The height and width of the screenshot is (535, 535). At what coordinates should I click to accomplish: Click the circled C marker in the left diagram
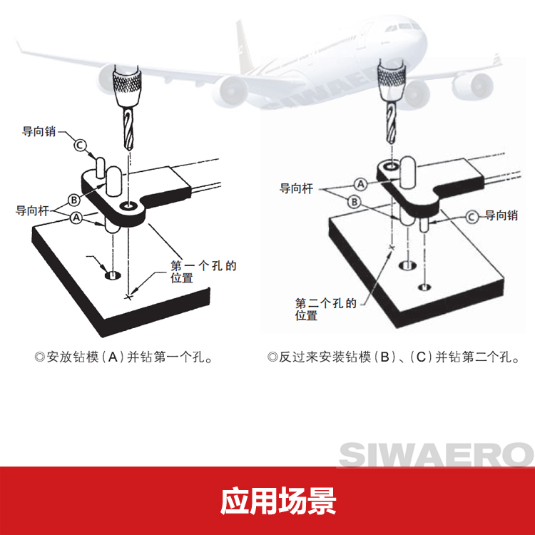point(81,146)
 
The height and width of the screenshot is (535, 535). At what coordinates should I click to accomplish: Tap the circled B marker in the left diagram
point(73,199)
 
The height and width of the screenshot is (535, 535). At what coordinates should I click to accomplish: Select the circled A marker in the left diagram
point(76,218)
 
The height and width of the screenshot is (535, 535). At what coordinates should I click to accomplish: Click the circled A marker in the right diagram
point(361,184)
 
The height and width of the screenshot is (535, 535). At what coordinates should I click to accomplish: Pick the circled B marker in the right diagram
point(352,202)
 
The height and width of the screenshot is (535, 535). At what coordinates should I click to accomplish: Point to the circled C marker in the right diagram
point(472,215)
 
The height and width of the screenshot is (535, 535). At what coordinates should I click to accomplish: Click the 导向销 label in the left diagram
point(38,132)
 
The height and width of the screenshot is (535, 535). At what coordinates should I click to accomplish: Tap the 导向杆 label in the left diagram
point(32,210)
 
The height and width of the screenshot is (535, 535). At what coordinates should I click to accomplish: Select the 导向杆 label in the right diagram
point(296,189)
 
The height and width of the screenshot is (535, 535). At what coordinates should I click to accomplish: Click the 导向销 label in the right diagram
point(501,215)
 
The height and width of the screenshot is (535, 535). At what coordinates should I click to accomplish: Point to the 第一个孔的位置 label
point(202,272)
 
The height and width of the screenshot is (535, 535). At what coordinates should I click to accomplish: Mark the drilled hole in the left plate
point(113,274)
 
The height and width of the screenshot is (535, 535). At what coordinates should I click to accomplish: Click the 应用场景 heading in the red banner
point(267,501)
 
